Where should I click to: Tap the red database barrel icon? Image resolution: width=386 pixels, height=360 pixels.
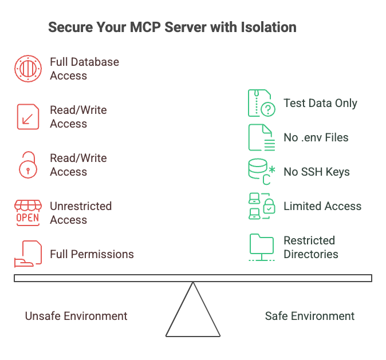point(27,69)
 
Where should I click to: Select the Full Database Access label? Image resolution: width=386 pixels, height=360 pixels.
point(84,69)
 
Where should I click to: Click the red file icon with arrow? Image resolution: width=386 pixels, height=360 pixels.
point(27,117)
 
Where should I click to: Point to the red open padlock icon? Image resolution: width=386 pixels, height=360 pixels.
point(27,165)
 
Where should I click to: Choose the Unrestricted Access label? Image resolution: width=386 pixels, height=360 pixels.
point(80,213)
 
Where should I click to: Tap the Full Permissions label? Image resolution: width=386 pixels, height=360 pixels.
point(92,254)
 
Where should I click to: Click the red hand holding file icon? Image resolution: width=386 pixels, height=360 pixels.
point(27,254)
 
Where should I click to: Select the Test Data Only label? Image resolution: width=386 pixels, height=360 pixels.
point(320,103)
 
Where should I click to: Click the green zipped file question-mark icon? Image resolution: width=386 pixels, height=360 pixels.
point(261,103)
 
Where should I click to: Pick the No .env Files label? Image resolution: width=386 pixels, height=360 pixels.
point(316,137)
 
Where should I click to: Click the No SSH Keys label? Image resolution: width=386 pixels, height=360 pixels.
point(316,172)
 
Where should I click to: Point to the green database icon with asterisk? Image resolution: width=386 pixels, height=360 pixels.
point(261,172)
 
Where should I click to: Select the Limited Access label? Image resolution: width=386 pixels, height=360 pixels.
point(322,206)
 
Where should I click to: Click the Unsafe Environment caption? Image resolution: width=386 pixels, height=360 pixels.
point(76,316)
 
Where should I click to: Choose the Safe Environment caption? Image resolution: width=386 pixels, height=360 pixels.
point(310,316)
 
